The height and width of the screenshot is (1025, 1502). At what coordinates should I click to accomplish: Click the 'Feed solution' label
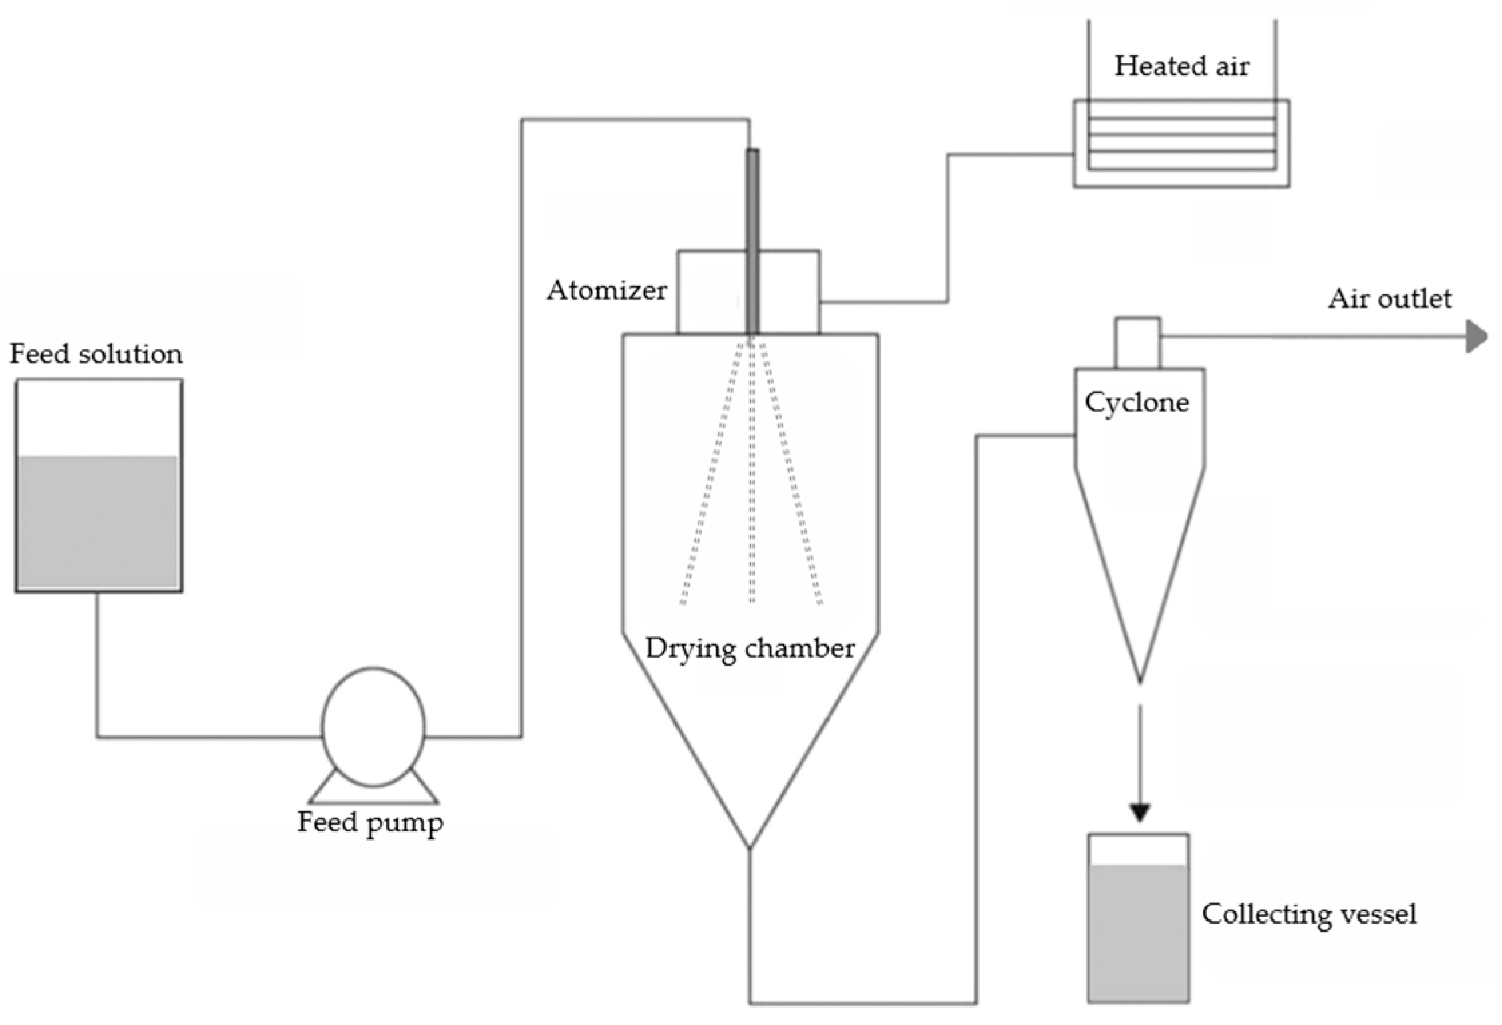[x=96, y=354]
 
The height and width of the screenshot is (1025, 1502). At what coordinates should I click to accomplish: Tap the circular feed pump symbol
[x=373, y=727]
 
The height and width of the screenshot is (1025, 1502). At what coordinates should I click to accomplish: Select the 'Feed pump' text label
[x=369, y=823]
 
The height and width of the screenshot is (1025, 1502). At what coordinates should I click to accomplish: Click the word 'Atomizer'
[x=607, y=290]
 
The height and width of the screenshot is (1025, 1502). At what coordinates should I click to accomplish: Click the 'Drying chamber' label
[x=750, y=648]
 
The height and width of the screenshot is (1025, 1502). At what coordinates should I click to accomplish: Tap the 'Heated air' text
[x=1181, y=66]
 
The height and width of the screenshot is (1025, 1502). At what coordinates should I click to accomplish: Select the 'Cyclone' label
[x=1137, y=403]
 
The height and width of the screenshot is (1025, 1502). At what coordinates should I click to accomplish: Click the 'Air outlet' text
[x=1389, y=298]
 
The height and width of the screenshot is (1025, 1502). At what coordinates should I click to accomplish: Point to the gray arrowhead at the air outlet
[x=1475, y=336]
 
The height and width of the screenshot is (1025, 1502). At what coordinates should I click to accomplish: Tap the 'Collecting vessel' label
[x=1309, y=914]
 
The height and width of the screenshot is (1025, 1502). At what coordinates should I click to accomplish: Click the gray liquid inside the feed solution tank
[x=98, y=521]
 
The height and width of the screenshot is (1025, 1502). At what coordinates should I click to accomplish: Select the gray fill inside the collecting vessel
[x=1138, y=932]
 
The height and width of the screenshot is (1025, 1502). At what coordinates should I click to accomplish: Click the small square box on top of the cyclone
[x=1137, y=343]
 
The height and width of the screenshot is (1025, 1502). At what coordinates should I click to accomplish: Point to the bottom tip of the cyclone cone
[x=1140, y=680]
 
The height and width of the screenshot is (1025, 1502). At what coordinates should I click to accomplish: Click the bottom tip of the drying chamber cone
[x=750, y=847]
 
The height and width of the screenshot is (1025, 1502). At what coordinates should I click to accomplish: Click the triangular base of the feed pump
[x=373, y=795]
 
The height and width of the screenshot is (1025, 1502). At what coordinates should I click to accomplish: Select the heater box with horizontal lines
[x=1181, y=144]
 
